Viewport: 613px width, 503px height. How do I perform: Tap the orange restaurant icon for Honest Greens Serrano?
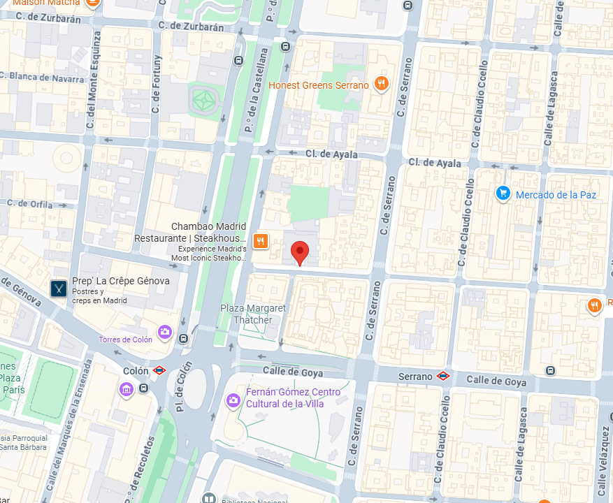381,85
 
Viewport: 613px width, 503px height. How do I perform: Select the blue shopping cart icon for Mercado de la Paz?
503,194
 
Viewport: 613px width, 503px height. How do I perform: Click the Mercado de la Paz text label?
556,195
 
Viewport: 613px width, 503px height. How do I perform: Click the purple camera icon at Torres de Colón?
164,331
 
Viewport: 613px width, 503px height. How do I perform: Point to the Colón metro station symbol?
160,371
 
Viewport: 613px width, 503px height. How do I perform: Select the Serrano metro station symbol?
442,376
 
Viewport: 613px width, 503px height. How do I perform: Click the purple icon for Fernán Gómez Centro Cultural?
233,400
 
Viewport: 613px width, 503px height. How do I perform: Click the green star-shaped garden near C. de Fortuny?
204,101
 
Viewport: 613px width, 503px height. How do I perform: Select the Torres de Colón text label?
125,340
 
